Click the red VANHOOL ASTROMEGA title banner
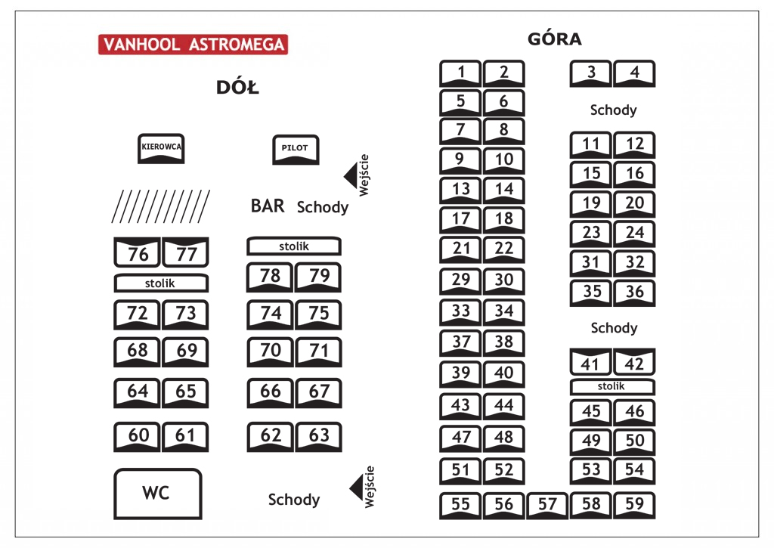(193, 45)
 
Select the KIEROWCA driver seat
(161, 149)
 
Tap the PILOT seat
(296, 150)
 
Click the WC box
(158, 494)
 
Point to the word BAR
(268, 206)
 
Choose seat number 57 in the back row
(547, 505)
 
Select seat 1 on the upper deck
(460, 73)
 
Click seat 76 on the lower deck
(137, 252)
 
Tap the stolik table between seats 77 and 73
(161, 283)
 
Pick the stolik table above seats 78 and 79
(294, 246)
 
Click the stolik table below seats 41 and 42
(612, 386)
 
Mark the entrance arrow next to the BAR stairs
(351, 176)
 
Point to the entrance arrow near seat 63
(357, 488)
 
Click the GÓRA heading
(555, 39)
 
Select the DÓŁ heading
(237, 87)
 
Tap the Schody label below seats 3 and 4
(613, 110)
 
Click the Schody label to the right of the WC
(294, 499)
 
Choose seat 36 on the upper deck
(634, 293)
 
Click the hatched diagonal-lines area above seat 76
(161, 206)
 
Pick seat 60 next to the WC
(137, 437)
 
